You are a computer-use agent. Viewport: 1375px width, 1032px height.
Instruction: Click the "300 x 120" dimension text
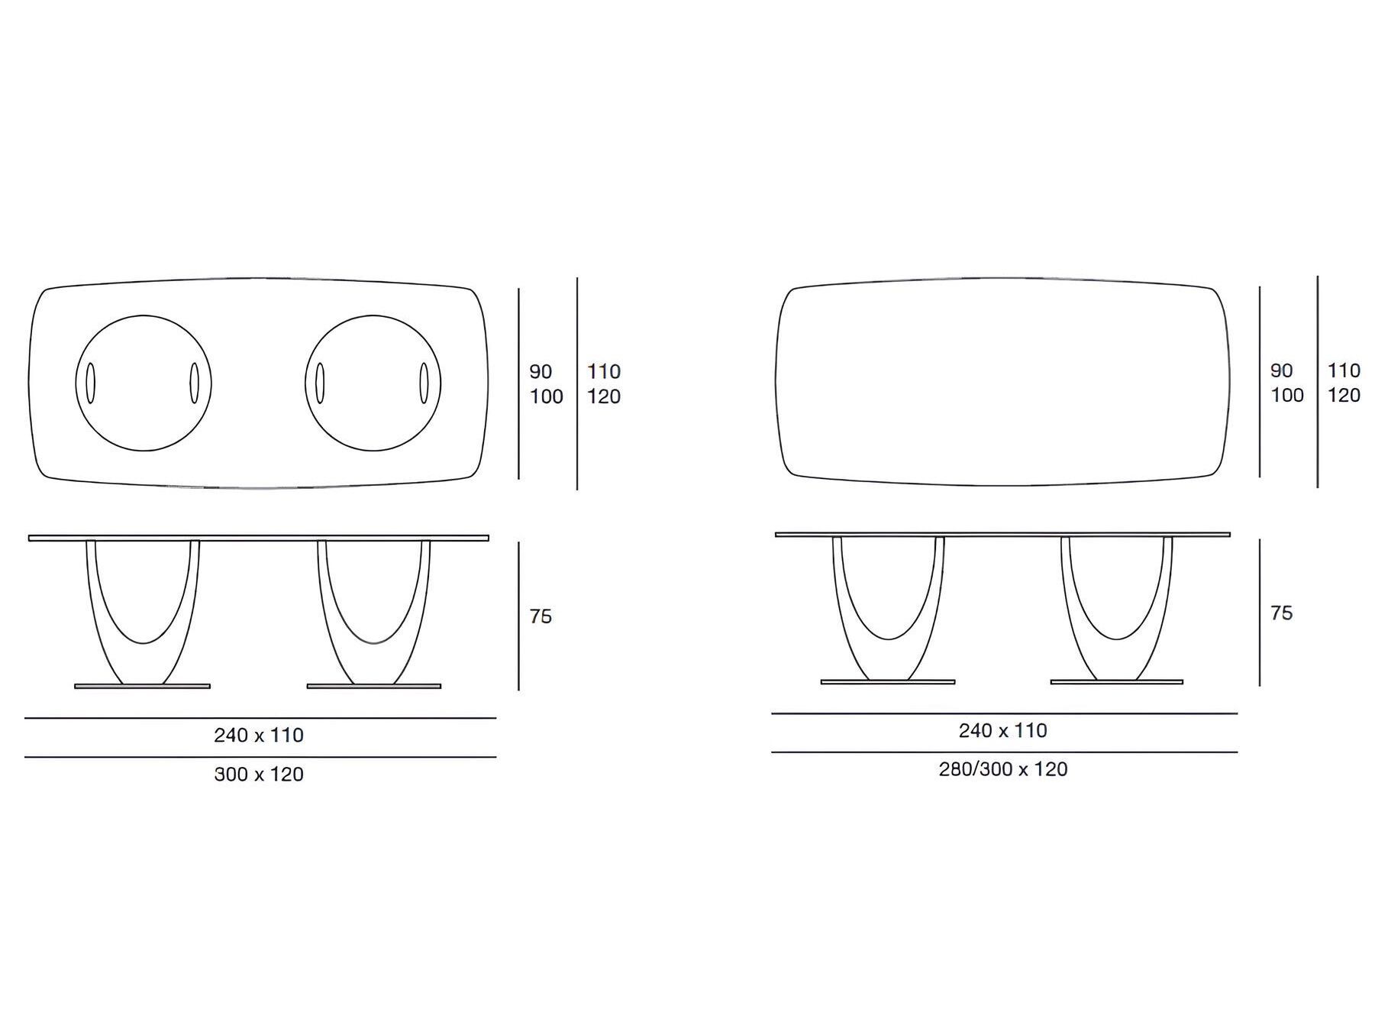[259, 775]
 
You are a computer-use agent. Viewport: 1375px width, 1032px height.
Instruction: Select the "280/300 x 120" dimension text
[1003, 769]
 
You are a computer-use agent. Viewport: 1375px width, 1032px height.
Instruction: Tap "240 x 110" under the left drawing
[259, 735]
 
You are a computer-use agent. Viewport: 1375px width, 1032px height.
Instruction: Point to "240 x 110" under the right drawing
[1003, 731]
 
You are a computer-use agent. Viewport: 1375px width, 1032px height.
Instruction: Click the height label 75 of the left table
[541, 616]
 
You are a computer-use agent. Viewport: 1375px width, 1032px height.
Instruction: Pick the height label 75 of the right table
[1282, 613]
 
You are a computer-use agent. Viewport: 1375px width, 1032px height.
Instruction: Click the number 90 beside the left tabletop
[541, 372]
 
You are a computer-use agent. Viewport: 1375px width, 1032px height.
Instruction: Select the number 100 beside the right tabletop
[1287, 396]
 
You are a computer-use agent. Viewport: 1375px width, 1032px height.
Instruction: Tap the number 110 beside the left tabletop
[604, 372]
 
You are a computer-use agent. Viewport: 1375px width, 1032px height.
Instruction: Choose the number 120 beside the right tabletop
[1344, 396]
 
